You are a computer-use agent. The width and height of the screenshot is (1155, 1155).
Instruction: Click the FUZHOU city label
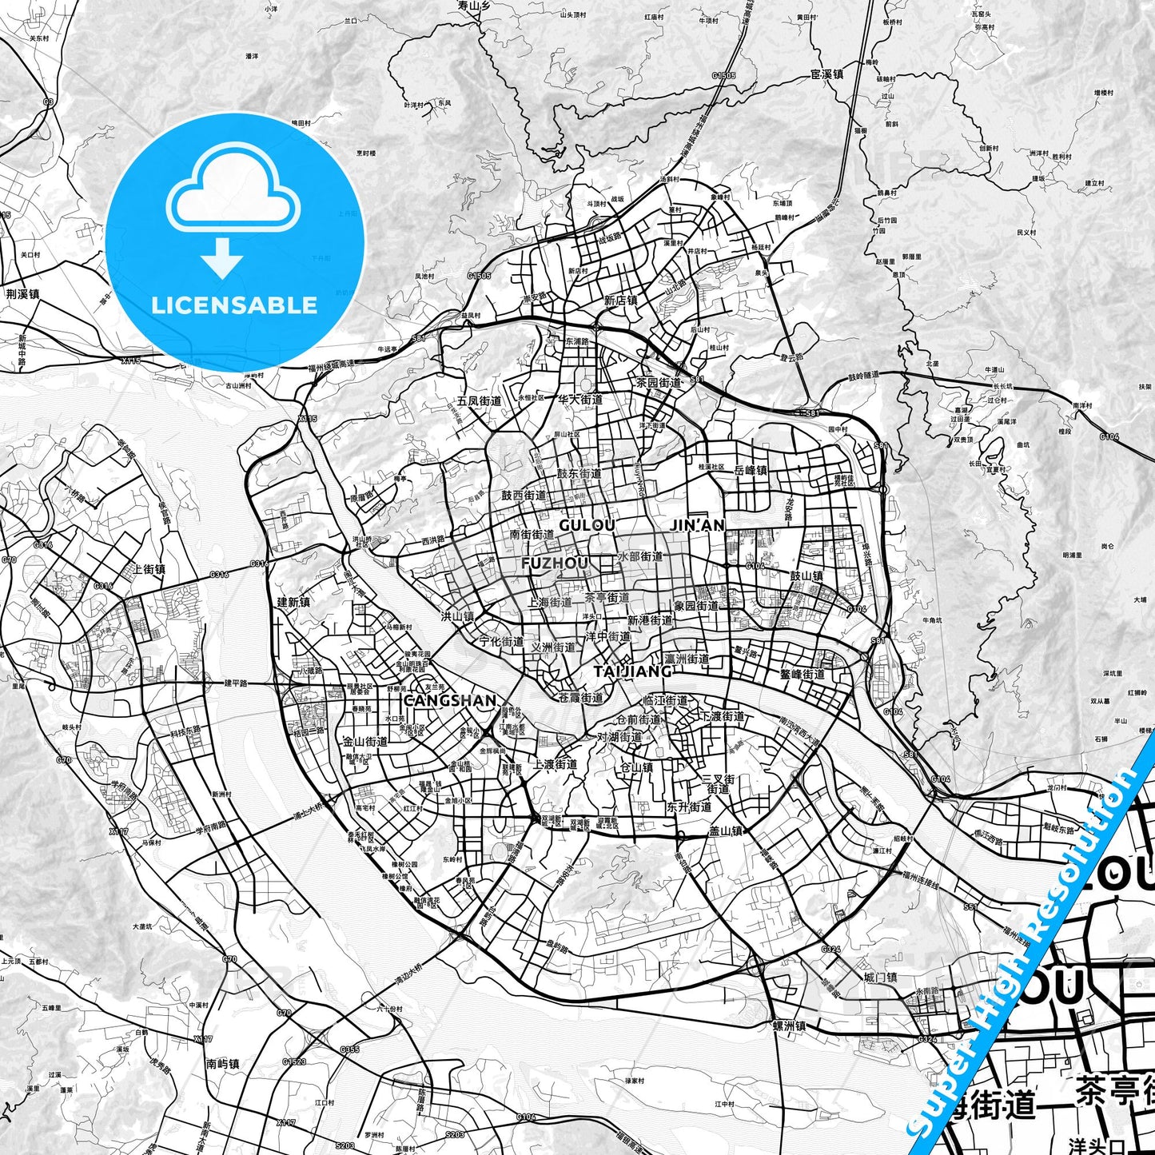pos(554,564)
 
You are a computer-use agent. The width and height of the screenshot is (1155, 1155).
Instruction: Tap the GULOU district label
pos(587,525)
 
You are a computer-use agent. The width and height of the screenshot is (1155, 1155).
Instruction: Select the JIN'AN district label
pos(697,525)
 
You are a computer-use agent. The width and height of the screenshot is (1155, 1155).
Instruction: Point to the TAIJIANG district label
pos(631,671)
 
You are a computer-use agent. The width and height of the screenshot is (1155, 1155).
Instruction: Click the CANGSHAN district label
pos(450,700)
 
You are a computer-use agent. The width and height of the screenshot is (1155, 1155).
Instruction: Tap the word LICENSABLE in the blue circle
pos(234,305)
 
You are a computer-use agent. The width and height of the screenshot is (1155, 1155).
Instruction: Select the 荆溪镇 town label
pos(22,293)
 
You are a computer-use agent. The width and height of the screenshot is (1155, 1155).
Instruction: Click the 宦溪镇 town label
pos(826,74)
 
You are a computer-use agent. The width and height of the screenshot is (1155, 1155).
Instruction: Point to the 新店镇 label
pos(620,301)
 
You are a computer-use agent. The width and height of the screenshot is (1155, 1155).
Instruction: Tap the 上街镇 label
pos(149,569)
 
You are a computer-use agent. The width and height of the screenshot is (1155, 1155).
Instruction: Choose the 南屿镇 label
pos(222,1064)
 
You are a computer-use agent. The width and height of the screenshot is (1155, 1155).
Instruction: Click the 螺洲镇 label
pos(788,1026)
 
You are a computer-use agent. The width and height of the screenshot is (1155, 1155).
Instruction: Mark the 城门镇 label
pos(880,978)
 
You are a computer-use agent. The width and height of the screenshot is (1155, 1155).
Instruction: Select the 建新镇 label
pos(293,602)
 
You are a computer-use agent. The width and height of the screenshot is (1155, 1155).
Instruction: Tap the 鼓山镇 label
pos(807,576)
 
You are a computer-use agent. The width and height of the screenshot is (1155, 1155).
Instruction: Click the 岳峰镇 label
pos(751,470)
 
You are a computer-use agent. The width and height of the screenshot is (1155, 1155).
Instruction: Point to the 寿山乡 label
pos(473,6)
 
